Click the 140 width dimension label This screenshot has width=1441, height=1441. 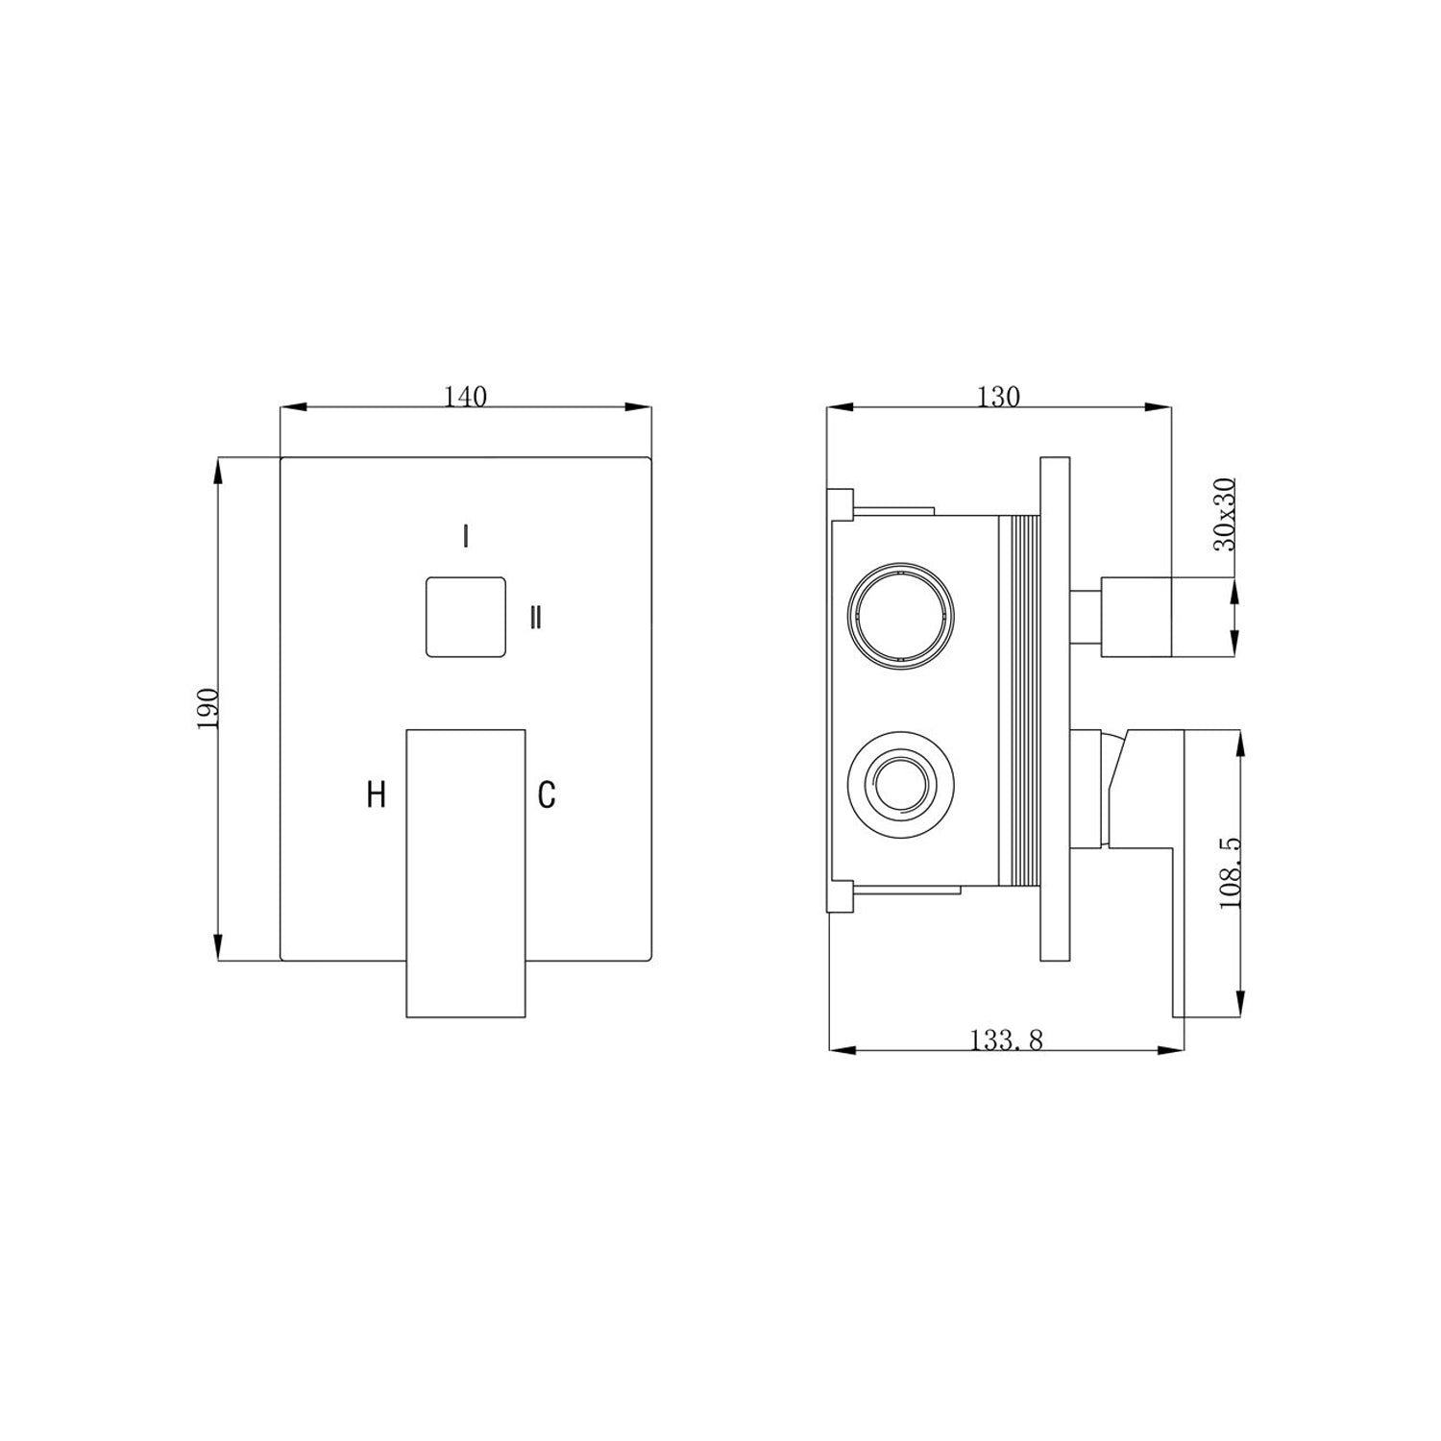(x=465, y=397)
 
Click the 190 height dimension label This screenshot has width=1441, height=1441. (x=208, y=708)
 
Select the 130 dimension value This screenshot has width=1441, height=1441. (x=998, y=397)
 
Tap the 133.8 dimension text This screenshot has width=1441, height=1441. (x=1006, y=1039)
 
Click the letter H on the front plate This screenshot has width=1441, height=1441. (x=377, y=794)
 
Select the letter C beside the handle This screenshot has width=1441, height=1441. (x=546, y=794)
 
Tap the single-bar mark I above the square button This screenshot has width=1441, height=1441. (x=466, y=536)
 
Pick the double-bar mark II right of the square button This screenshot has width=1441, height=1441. (x=536, y=618)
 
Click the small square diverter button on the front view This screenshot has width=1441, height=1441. (x=466, y=617)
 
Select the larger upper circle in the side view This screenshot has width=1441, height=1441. (x=901, y=614)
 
